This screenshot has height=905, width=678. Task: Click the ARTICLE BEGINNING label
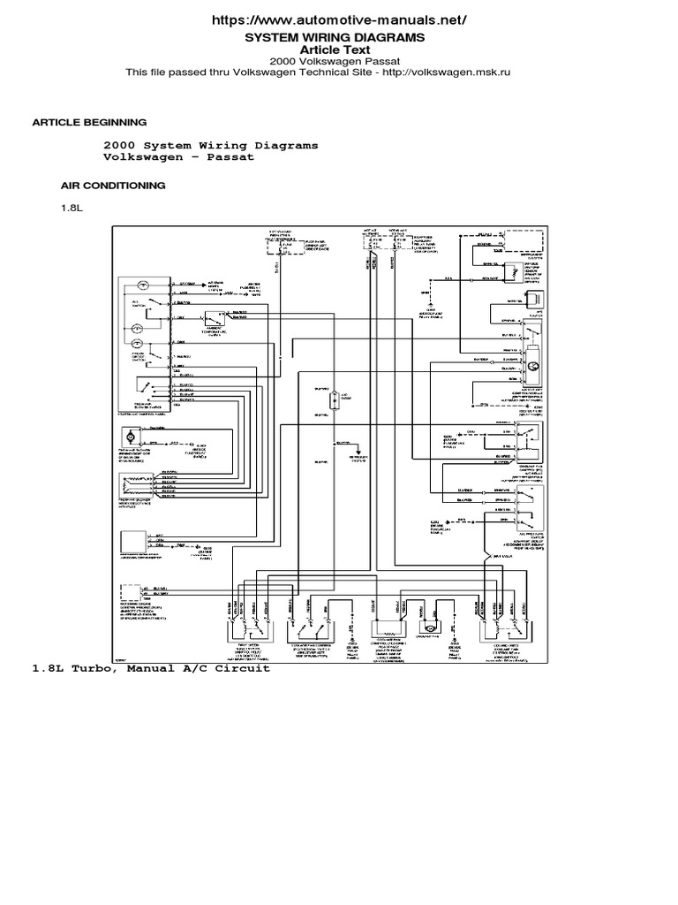89,122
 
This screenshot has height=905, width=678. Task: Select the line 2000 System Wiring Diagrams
211,145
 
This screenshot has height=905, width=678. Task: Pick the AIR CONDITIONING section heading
113,186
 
